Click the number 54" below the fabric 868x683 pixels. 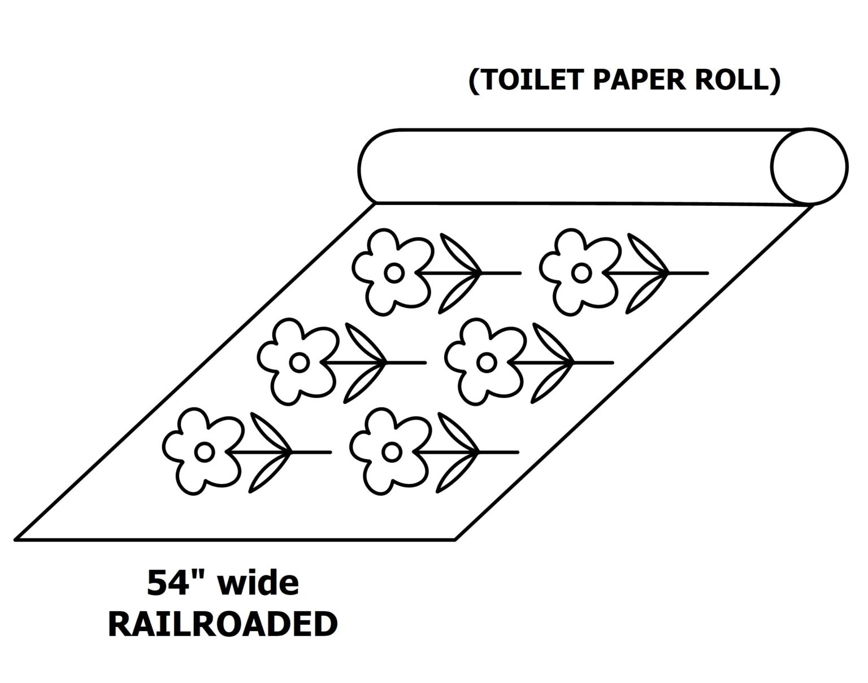tap(167, 583)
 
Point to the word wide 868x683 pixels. tap(258, 583)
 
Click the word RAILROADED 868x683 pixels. tap(223, 625)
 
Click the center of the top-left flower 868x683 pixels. tap(393, 273)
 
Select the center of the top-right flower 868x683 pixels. tap(580, 273)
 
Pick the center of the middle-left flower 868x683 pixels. tap(299, 362)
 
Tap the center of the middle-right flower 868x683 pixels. tap(485, 362)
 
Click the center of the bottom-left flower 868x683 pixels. tap(204, 451)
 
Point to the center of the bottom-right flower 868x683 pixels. tap(391, 451)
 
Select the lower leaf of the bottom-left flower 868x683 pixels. tap(268, 473)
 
